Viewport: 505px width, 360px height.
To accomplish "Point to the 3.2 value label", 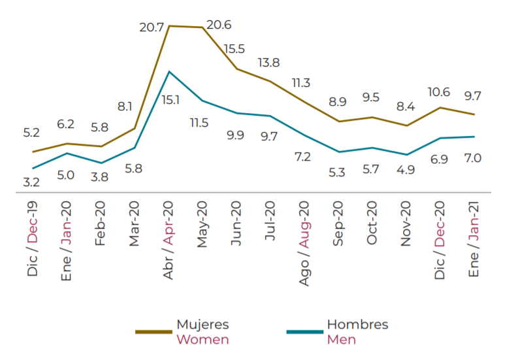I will pos(31,182).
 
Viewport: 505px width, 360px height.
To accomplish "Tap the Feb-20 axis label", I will pos(100,223).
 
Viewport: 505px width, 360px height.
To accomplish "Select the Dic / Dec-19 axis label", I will pos(32,238).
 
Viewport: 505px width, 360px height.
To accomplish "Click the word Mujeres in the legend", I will pos(203,325).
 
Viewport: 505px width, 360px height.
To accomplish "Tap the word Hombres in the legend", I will pos(357,325).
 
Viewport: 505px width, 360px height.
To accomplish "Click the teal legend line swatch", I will pos(304,332).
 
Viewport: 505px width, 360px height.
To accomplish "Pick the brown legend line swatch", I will pos(154,332).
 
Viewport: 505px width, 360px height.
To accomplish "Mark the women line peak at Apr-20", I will pos(169,26).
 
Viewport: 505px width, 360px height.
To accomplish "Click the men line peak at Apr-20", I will pos(169,71).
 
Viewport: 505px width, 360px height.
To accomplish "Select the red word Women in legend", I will pos(203,340).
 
